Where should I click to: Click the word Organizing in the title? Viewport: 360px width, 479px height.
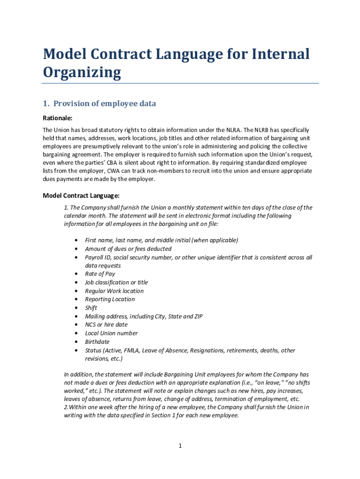click(x=82, y=73)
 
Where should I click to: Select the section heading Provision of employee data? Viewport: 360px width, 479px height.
click(x=104, y=103)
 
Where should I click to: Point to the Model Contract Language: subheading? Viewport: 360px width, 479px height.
click(x=81, y=195)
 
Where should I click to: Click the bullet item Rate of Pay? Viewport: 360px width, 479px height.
click(x=100, y=274)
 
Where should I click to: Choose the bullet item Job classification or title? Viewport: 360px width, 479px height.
click(x=116, y=283)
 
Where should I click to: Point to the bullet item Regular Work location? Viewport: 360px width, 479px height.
click(x=114, y=291)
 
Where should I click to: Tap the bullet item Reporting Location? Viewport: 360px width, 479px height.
click(x=109, y=299)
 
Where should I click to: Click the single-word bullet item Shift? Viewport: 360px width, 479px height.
click(x=91, y=308)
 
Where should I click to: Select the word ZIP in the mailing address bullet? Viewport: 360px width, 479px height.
click(x=197, y=316)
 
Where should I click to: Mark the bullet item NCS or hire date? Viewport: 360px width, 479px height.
click(x=106, y=325)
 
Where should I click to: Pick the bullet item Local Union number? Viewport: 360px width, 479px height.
click(x=111, y=334)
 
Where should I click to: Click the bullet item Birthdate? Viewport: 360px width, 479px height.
click(x=97, y=342)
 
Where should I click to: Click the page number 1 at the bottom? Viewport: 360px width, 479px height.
click(x=180, y=446)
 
